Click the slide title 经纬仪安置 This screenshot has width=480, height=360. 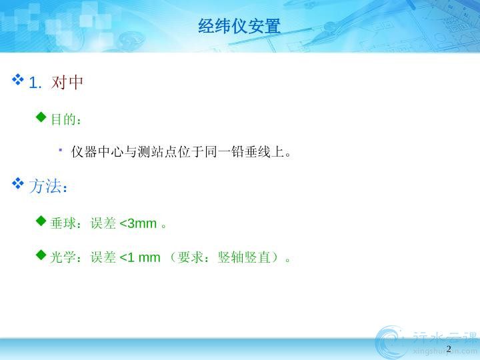click(239, 26)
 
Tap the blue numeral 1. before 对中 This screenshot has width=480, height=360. click(35, 83)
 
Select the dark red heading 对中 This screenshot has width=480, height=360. click(67, 83)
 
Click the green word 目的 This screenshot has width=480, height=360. click(63, 119)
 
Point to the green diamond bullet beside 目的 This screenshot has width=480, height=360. click(41, 117)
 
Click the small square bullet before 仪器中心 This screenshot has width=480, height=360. click(61, 150)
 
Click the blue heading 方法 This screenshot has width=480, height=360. click(45, 186)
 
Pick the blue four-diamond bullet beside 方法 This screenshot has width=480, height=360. click(18, 183)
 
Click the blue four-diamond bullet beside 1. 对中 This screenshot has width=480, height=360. click(18, 79)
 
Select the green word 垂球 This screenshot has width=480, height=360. click(63, 223)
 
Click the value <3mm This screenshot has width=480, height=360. click(138, 223)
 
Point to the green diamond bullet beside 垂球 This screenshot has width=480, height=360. click(41, 221)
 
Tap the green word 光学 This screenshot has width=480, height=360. click(63, 257)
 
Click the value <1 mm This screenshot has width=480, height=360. click(140, 257)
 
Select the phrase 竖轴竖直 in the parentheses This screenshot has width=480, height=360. click(244, 257)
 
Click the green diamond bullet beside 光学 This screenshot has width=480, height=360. click(41, 255)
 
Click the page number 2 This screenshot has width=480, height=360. click(449, 349)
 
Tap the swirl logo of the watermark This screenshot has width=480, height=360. click(391, 342)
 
